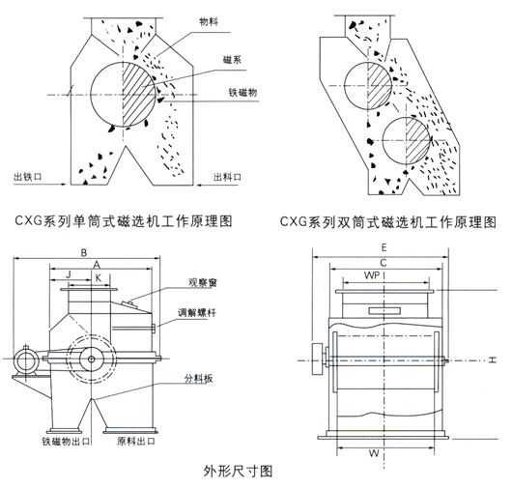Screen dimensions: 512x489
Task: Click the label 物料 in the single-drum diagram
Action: point(209,22)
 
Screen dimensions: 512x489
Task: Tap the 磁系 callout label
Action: point(232,60)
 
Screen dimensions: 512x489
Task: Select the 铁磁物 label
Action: point(242,93)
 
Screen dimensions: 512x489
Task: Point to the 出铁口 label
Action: point(28,177)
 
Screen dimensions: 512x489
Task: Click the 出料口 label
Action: point(227,177)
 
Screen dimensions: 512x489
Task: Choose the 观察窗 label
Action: point(203,282)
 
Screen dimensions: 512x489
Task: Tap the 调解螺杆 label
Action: point(196,312)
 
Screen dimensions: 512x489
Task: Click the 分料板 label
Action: point(199,379)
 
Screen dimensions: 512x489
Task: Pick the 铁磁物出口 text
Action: point(66,442)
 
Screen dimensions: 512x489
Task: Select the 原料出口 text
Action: point(136,442)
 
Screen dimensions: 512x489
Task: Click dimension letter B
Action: point(84,252)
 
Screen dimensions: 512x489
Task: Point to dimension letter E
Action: point(384,247)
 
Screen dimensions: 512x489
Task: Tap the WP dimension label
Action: point(372,275)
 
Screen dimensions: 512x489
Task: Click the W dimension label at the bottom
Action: point(374,453)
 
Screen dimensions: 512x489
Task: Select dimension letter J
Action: point(69,274)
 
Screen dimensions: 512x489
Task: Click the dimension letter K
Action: point(99,277)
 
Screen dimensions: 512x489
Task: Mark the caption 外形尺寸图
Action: point(238,471)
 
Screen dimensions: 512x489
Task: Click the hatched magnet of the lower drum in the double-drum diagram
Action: point(418,141)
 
